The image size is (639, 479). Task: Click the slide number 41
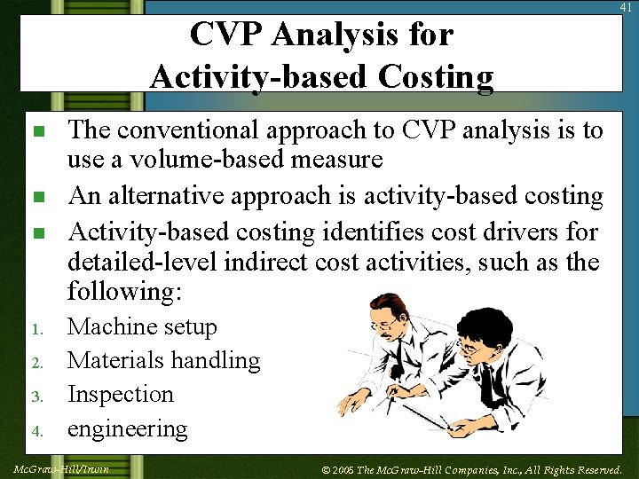click(627, 7)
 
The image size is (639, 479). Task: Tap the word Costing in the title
click(435, 77)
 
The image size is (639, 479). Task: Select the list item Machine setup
click(142, 327)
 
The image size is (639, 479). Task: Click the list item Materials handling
click(163, 360)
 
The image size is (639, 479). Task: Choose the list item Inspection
click(121, 394)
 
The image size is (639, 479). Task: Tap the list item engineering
click(128, 429)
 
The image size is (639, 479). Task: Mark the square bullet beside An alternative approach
click(37, 197)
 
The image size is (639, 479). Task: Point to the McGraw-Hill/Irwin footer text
click(61, 468)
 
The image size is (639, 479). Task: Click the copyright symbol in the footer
click(325, 468)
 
